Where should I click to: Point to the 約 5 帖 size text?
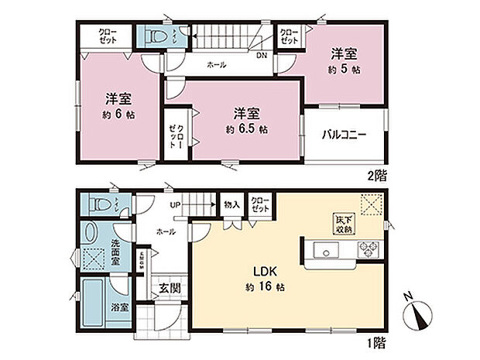pyautogui.click(x=345, y=67)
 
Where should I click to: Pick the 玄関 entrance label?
pyautogui.click(x=170, y=288)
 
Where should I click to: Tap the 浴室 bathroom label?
pyautogui.click(x=118, y=307)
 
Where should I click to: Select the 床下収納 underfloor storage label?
pyautogui.click(x=343, y=223)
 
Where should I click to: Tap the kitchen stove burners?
pyautogui.click(x=367, y=249)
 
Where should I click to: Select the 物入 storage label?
pyautogui.click(x=231, y=205)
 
